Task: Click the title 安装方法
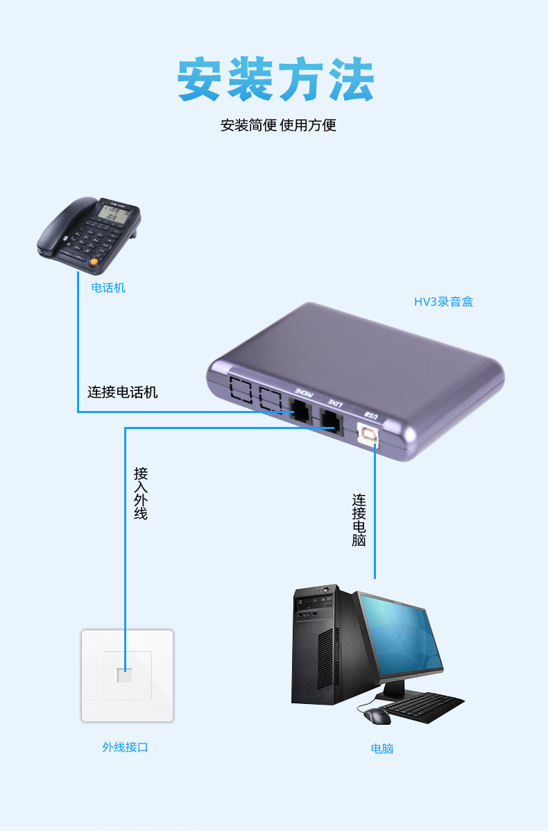(276, 80)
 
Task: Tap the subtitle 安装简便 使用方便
(278, 125)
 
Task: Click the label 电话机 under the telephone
(108, 287)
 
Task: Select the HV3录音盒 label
(443, 302)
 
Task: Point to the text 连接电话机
(122, 392)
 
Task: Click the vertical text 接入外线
(141, 494)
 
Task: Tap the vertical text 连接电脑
(359, 519)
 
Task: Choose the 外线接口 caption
(125, 747)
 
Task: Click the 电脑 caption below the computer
(382, 748)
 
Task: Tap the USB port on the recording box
(368, 435)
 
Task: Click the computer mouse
(377, 716)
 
